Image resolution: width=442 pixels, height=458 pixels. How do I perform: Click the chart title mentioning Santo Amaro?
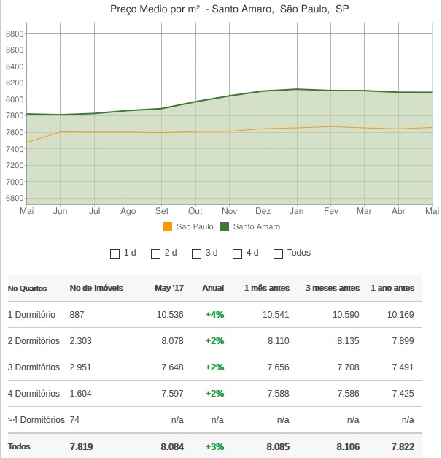(228, 9)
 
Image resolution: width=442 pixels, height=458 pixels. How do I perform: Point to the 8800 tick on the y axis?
(15, 34)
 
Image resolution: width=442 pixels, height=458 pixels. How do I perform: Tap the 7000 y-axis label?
(15, 182)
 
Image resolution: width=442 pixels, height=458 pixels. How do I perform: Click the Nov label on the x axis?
(229, 211)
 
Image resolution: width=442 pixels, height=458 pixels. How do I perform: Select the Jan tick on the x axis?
(296, 211)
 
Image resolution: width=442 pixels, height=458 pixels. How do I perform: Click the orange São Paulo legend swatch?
(168, 226)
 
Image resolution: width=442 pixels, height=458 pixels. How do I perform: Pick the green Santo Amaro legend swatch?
(225, 226)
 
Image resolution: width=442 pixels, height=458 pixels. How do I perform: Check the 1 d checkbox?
(115, 253)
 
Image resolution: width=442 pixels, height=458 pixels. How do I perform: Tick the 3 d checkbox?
(196, 253)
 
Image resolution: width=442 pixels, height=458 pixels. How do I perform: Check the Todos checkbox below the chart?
(278, 253)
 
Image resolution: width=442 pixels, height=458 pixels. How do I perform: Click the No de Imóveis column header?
(96, 288)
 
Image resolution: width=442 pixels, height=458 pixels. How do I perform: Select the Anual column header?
(213, 288)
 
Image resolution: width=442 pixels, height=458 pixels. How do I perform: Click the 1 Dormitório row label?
(31, 315)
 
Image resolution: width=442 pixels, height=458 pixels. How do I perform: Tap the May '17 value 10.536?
(170, 315)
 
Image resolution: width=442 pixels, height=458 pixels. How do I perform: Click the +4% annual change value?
(214, 315)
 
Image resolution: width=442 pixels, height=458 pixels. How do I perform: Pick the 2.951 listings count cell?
(80, 367)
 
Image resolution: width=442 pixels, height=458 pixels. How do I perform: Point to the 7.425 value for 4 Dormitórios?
(402, 394)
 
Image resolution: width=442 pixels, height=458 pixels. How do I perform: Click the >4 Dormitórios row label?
(36, 420)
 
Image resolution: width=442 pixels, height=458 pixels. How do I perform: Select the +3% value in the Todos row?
(214, 446)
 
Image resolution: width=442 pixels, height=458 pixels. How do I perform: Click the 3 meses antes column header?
(333, 288)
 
